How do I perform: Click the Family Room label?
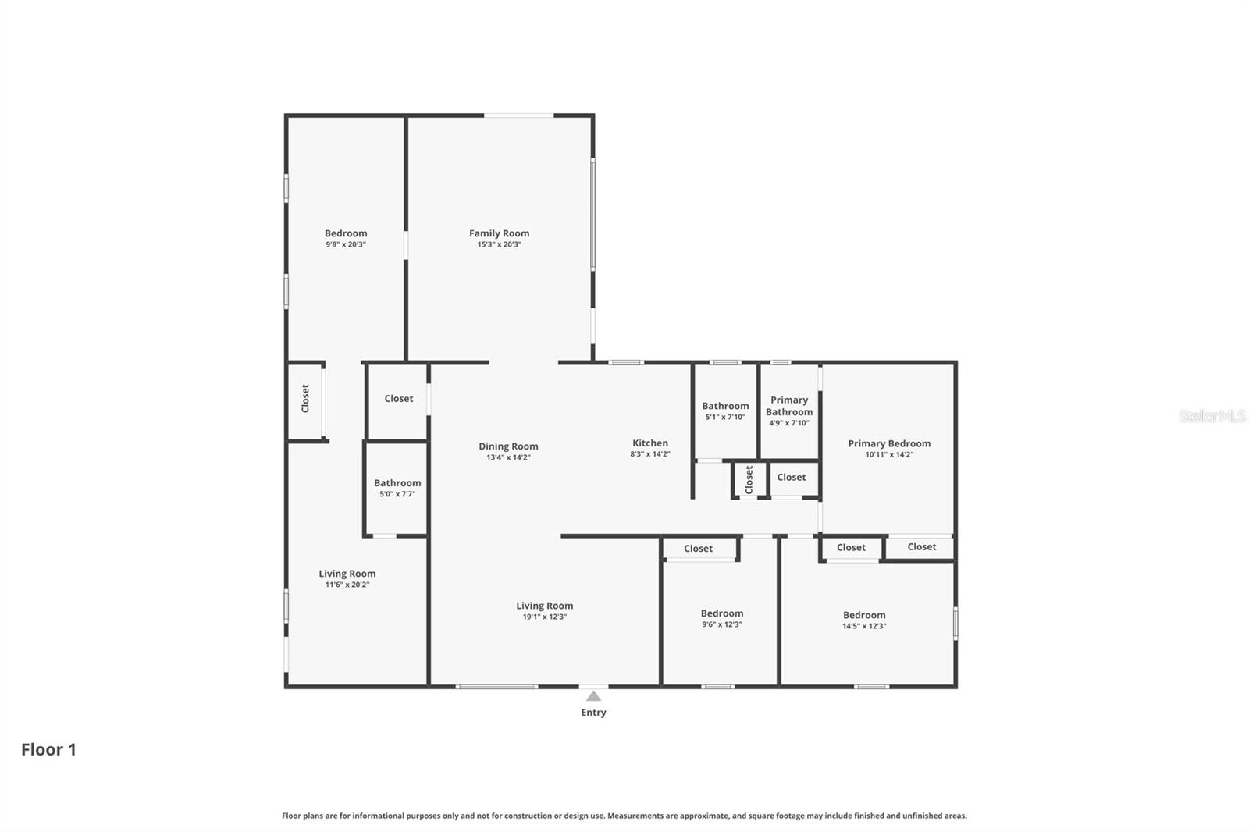[x=499, y=233]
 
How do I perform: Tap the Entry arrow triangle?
[x=593, y=696]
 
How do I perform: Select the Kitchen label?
[x=650, y=443]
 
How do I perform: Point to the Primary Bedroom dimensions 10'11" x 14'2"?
[x=889, y=454]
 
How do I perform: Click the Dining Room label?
[x=508, y=446]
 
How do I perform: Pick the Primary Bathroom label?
[x=789, y=406]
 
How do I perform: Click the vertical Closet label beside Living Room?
[x=305, y=398]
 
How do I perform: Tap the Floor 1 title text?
[x=48, y=749]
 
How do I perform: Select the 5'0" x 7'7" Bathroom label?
[x=397, y=483]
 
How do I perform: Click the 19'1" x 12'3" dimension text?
[x=545, y=617]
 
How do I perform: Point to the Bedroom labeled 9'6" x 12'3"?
[x=722, y=613]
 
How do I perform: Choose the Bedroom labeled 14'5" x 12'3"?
[x=864, y=615]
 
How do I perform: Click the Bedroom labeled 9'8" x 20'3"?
[x=346, y=233]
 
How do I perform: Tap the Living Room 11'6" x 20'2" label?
[x=347, y=574]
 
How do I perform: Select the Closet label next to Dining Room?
[x=399, y=399]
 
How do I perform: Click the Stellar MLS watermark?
[x=1212, y=416]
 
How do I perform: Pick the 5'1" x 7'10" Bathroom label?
[x=725, y=406]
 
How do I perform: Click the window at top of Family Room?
[x=518, y=116]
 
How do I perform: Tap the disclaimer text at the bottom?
[x=624, y=816]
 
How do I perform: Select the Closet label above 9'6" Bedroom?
[x=698, y=549]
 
